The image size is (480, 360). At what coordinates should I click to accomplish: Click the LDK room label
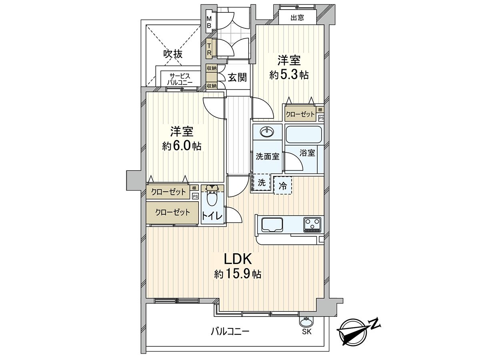[x=237, y=259]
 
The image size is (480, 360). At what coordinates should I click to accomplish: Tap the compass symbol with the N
[x=354, y=331]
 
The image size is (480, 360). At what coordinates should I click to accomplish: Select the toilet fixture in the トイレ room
[x=212, y=196]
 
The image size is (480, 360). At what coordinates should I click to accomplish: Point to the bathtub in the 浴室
[x=304, y=135]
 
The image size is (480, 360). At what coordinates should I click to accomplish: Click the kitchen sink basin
[x=272, y=224]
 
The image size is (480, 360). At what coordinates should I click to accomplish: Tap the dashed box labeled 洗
[x=261, y=183]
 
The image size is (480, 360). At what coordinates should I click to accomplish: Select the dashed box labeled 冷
[x=282, y=185]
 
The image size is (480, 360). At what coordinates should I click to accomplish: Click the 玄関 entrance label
[x=237, y=77]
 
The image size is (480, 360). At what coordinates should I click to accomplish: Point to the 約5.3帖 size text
[x=289, y=75]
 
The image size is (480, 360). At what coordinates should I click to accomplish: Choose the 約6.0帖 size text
[x=182, y=146]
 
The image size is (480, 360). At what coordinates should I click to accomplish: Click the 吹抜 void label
[x=173, y=54]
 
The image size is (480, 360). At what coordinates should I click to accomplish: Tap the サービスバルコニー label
[x=181, y=79]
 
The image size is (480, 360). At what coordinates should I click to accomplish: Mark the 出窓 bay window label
[x=297, y=17]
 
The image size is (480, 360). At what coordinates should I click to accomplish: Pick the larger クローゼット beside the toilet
[x=173, y=212]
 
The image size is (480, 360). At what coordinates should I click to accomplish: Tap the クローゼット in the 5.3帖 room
[x=300, y=114]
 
